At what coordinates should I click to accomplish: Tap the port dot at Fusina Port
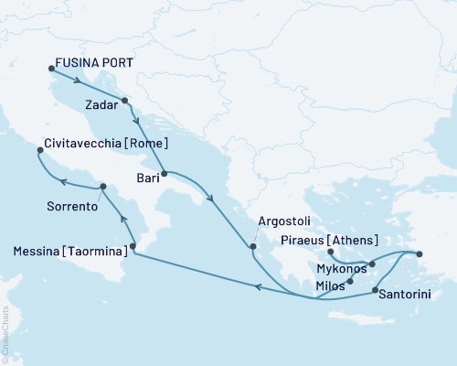[50, 68]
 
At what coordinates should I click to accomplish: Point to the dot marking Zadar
[124, 102]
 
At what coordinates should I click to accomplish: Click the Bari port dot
[164, 173]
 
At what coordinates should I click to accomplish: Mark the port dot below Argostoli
[254, 245]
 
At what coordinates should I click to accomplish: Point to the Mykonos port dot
[372, 264]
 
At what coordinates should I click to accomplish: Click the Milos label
[330, 286]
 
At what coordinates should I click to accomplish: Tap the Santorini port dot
[376, 290]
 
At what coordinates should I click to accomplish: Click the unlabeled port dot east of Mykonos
[420, 253]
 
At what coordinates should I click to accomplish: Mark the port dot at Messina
[133, 246]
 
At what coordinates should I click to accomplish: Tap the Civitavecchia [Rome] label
[93, 145]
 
